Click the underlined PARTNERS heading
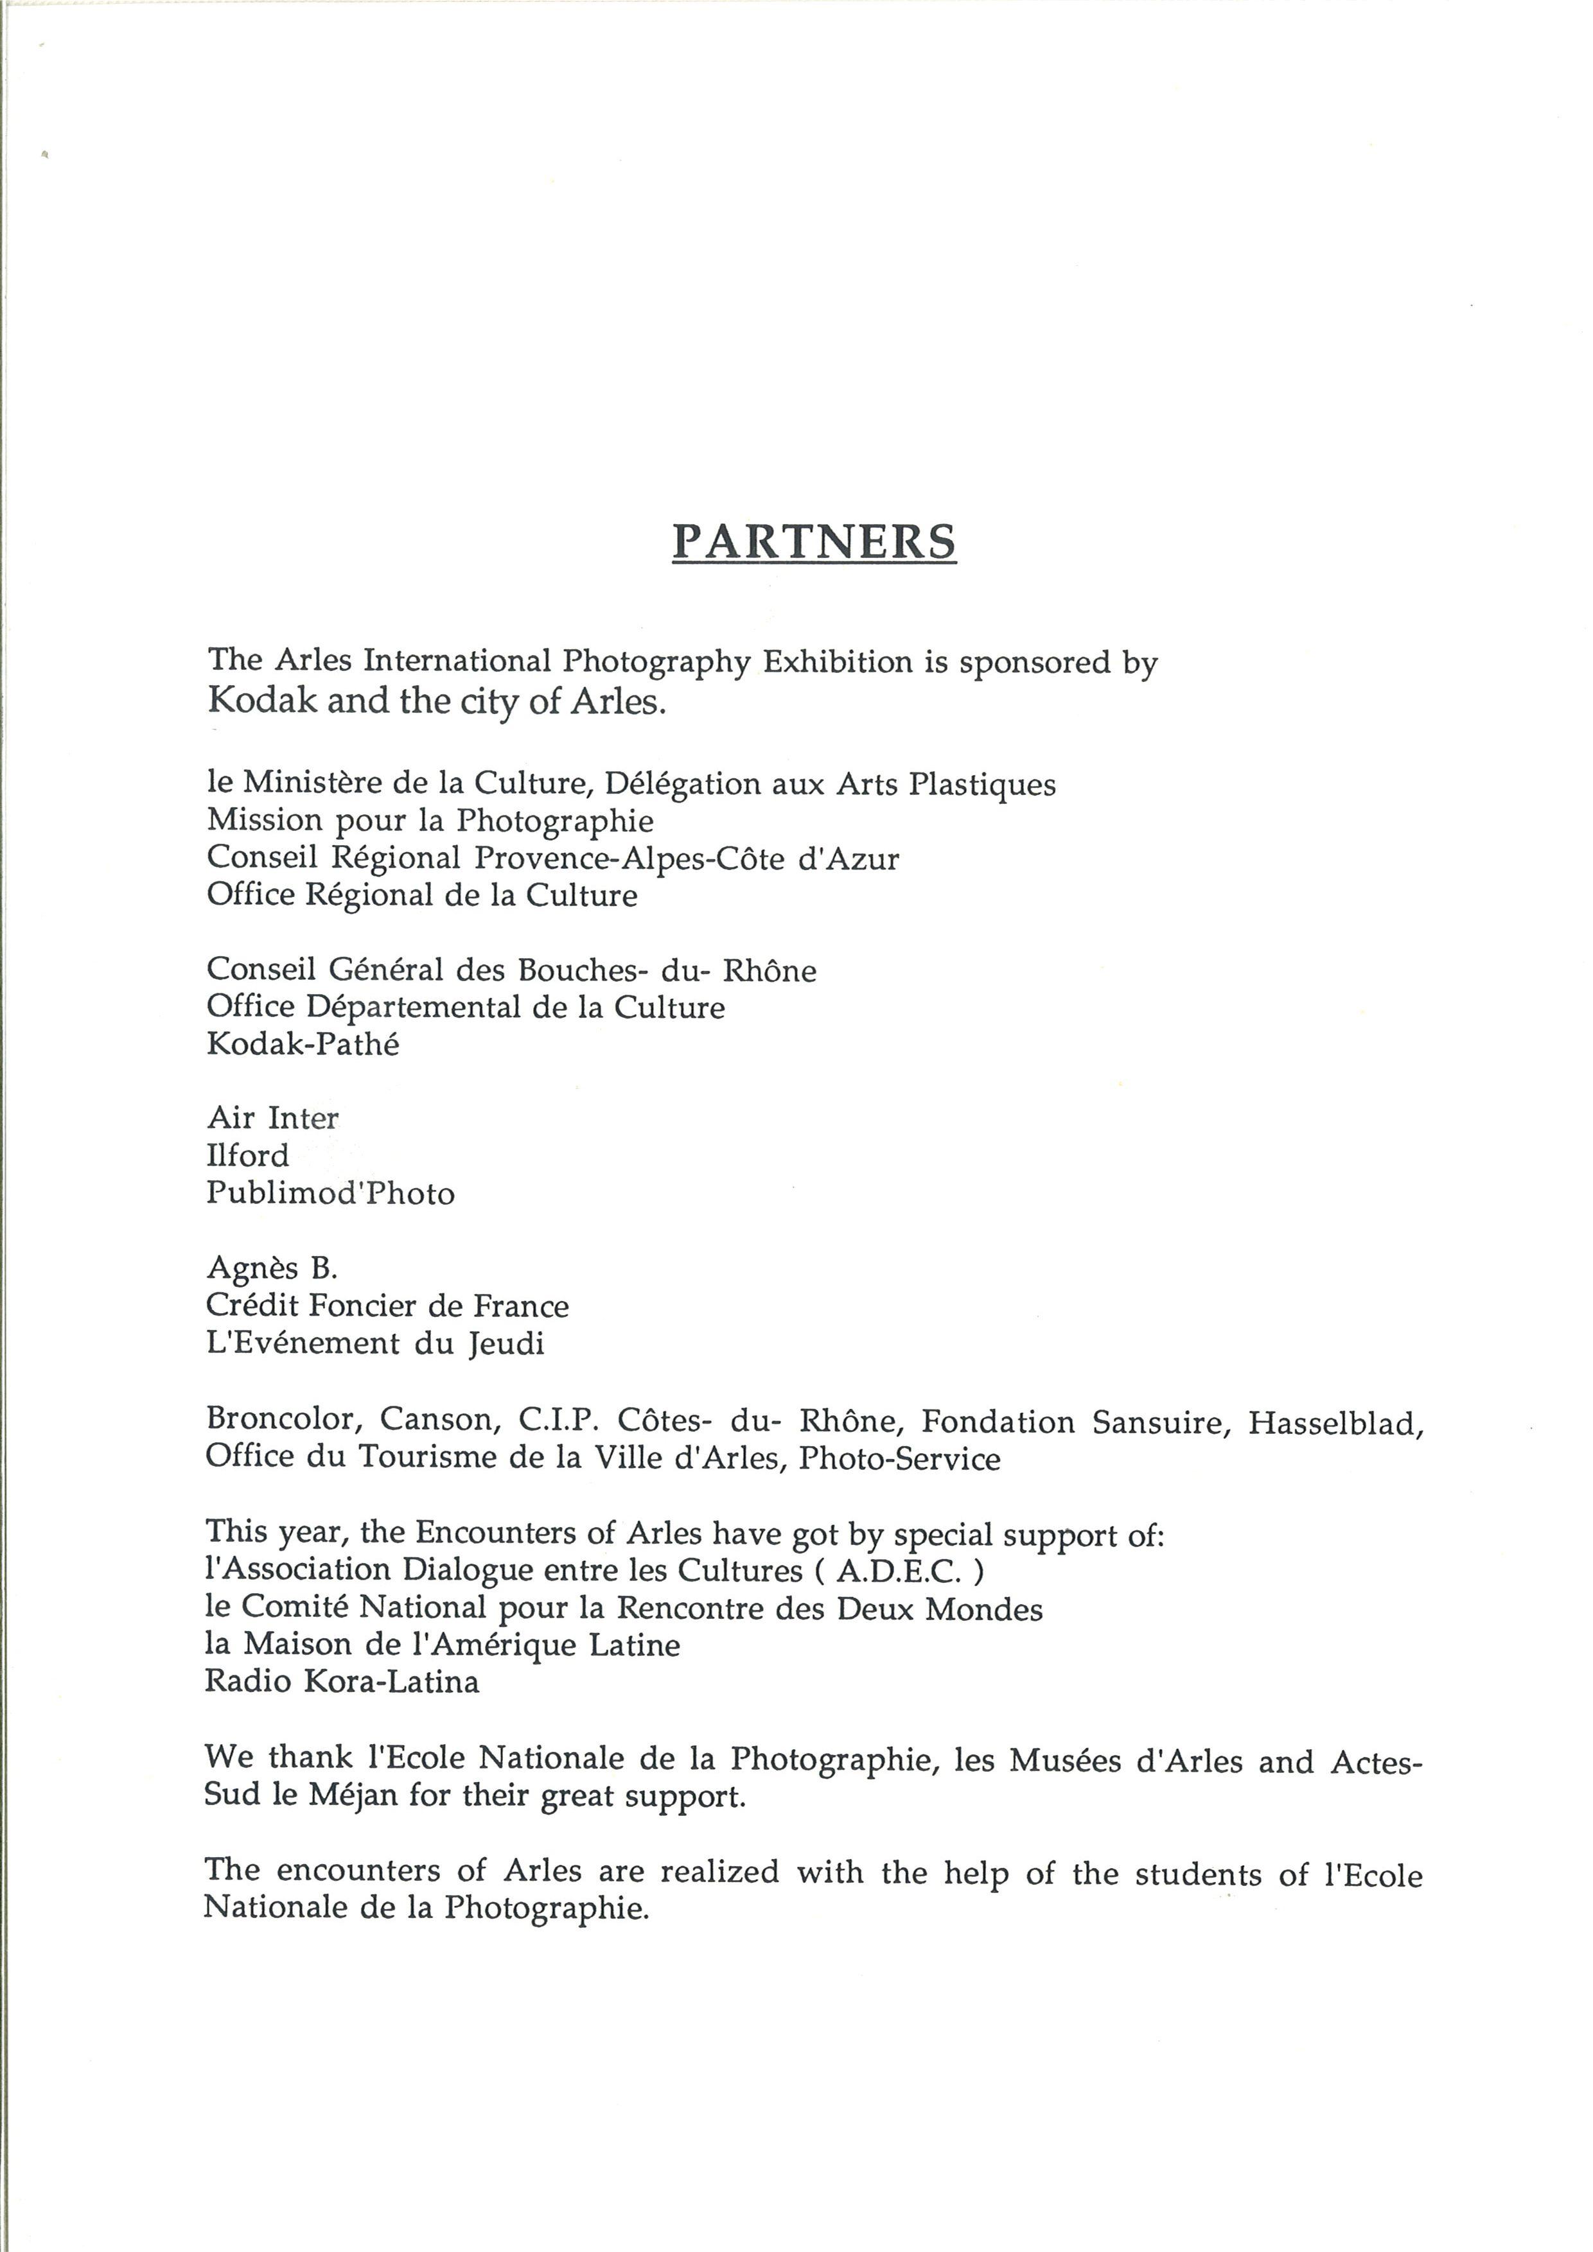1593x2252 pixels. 813,541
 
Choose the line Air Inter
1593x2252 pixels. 273,1118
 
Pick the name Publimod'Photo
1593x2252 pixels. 331,1194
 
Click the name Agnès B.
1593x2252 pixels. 272,1268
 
